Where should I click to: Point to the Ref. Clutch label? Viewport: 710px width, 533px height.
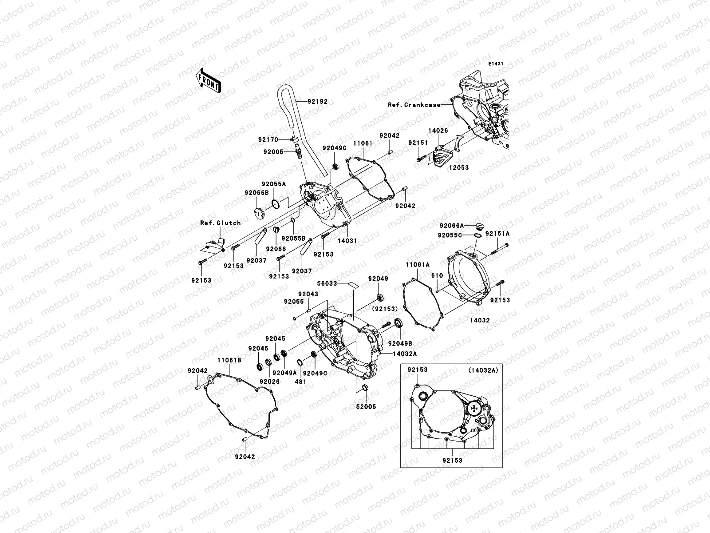coord(220,223)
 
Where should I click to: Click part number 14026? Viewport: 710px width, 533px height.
coord(438,131)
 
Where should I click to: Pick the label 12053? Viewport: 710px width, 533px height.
coord(458,168)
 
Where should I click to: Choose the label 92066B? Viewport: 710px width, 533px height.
coord(256,193)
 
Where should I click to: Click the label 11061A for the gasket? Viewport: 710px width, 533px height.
coord(417,264)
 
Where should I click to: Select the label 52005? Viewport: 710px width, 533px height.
coord(366,406)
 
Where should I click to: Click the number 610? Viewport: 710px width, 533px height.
coord(437,276)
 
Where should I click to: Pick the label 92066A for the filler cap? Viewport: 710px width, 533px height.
coord(452,226)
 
